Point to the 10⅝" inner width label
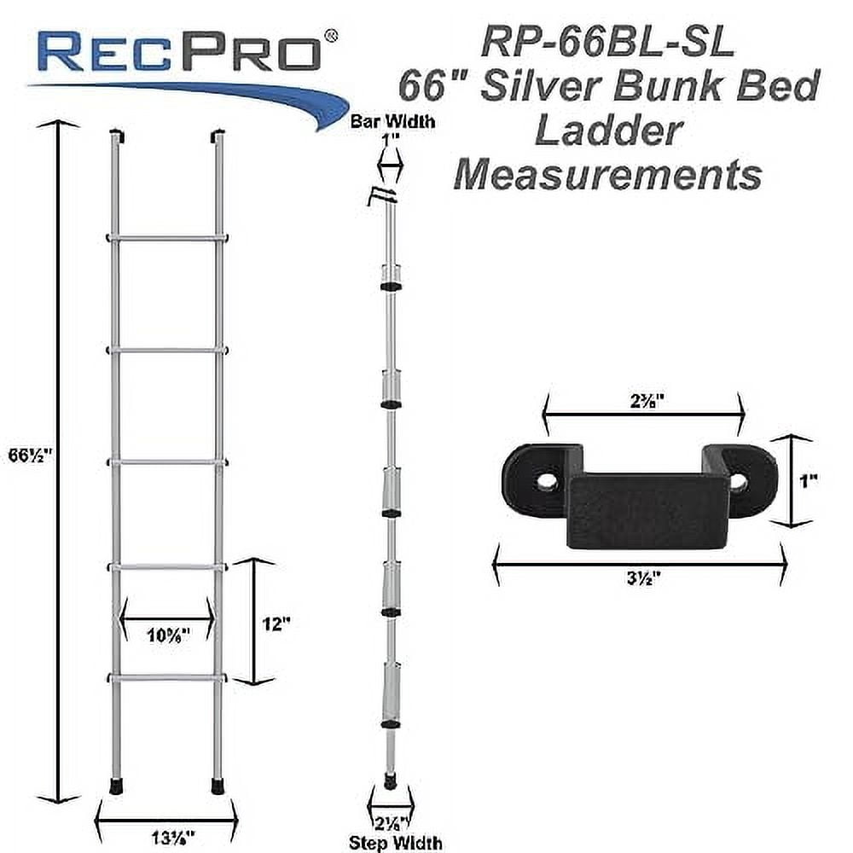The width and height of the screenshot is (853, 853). (x=166, y=633)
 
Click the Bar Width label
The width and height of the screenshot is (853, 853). (x=394, y=121)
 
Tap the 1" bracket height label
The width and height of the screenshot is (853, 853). (x=809, y=480)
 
